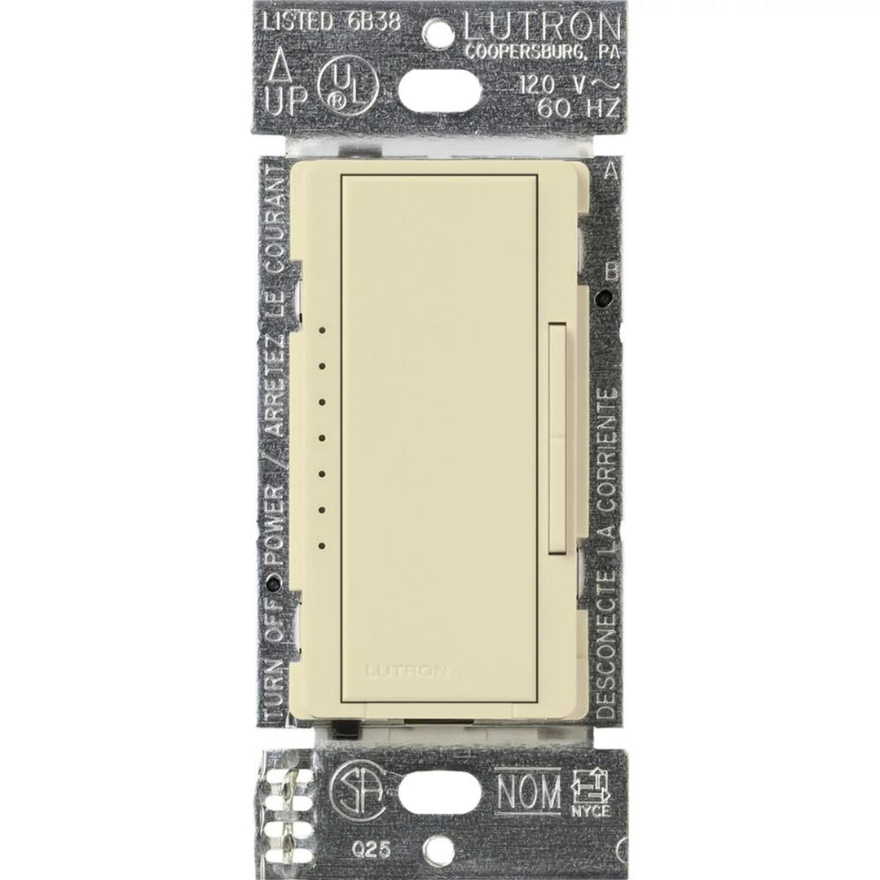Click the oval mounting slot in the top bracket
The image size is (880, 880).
(440, 85)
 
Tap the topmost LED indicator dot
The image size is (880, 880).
(323, 332)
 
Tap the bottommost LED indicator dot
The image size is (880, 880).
(323, 545)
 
